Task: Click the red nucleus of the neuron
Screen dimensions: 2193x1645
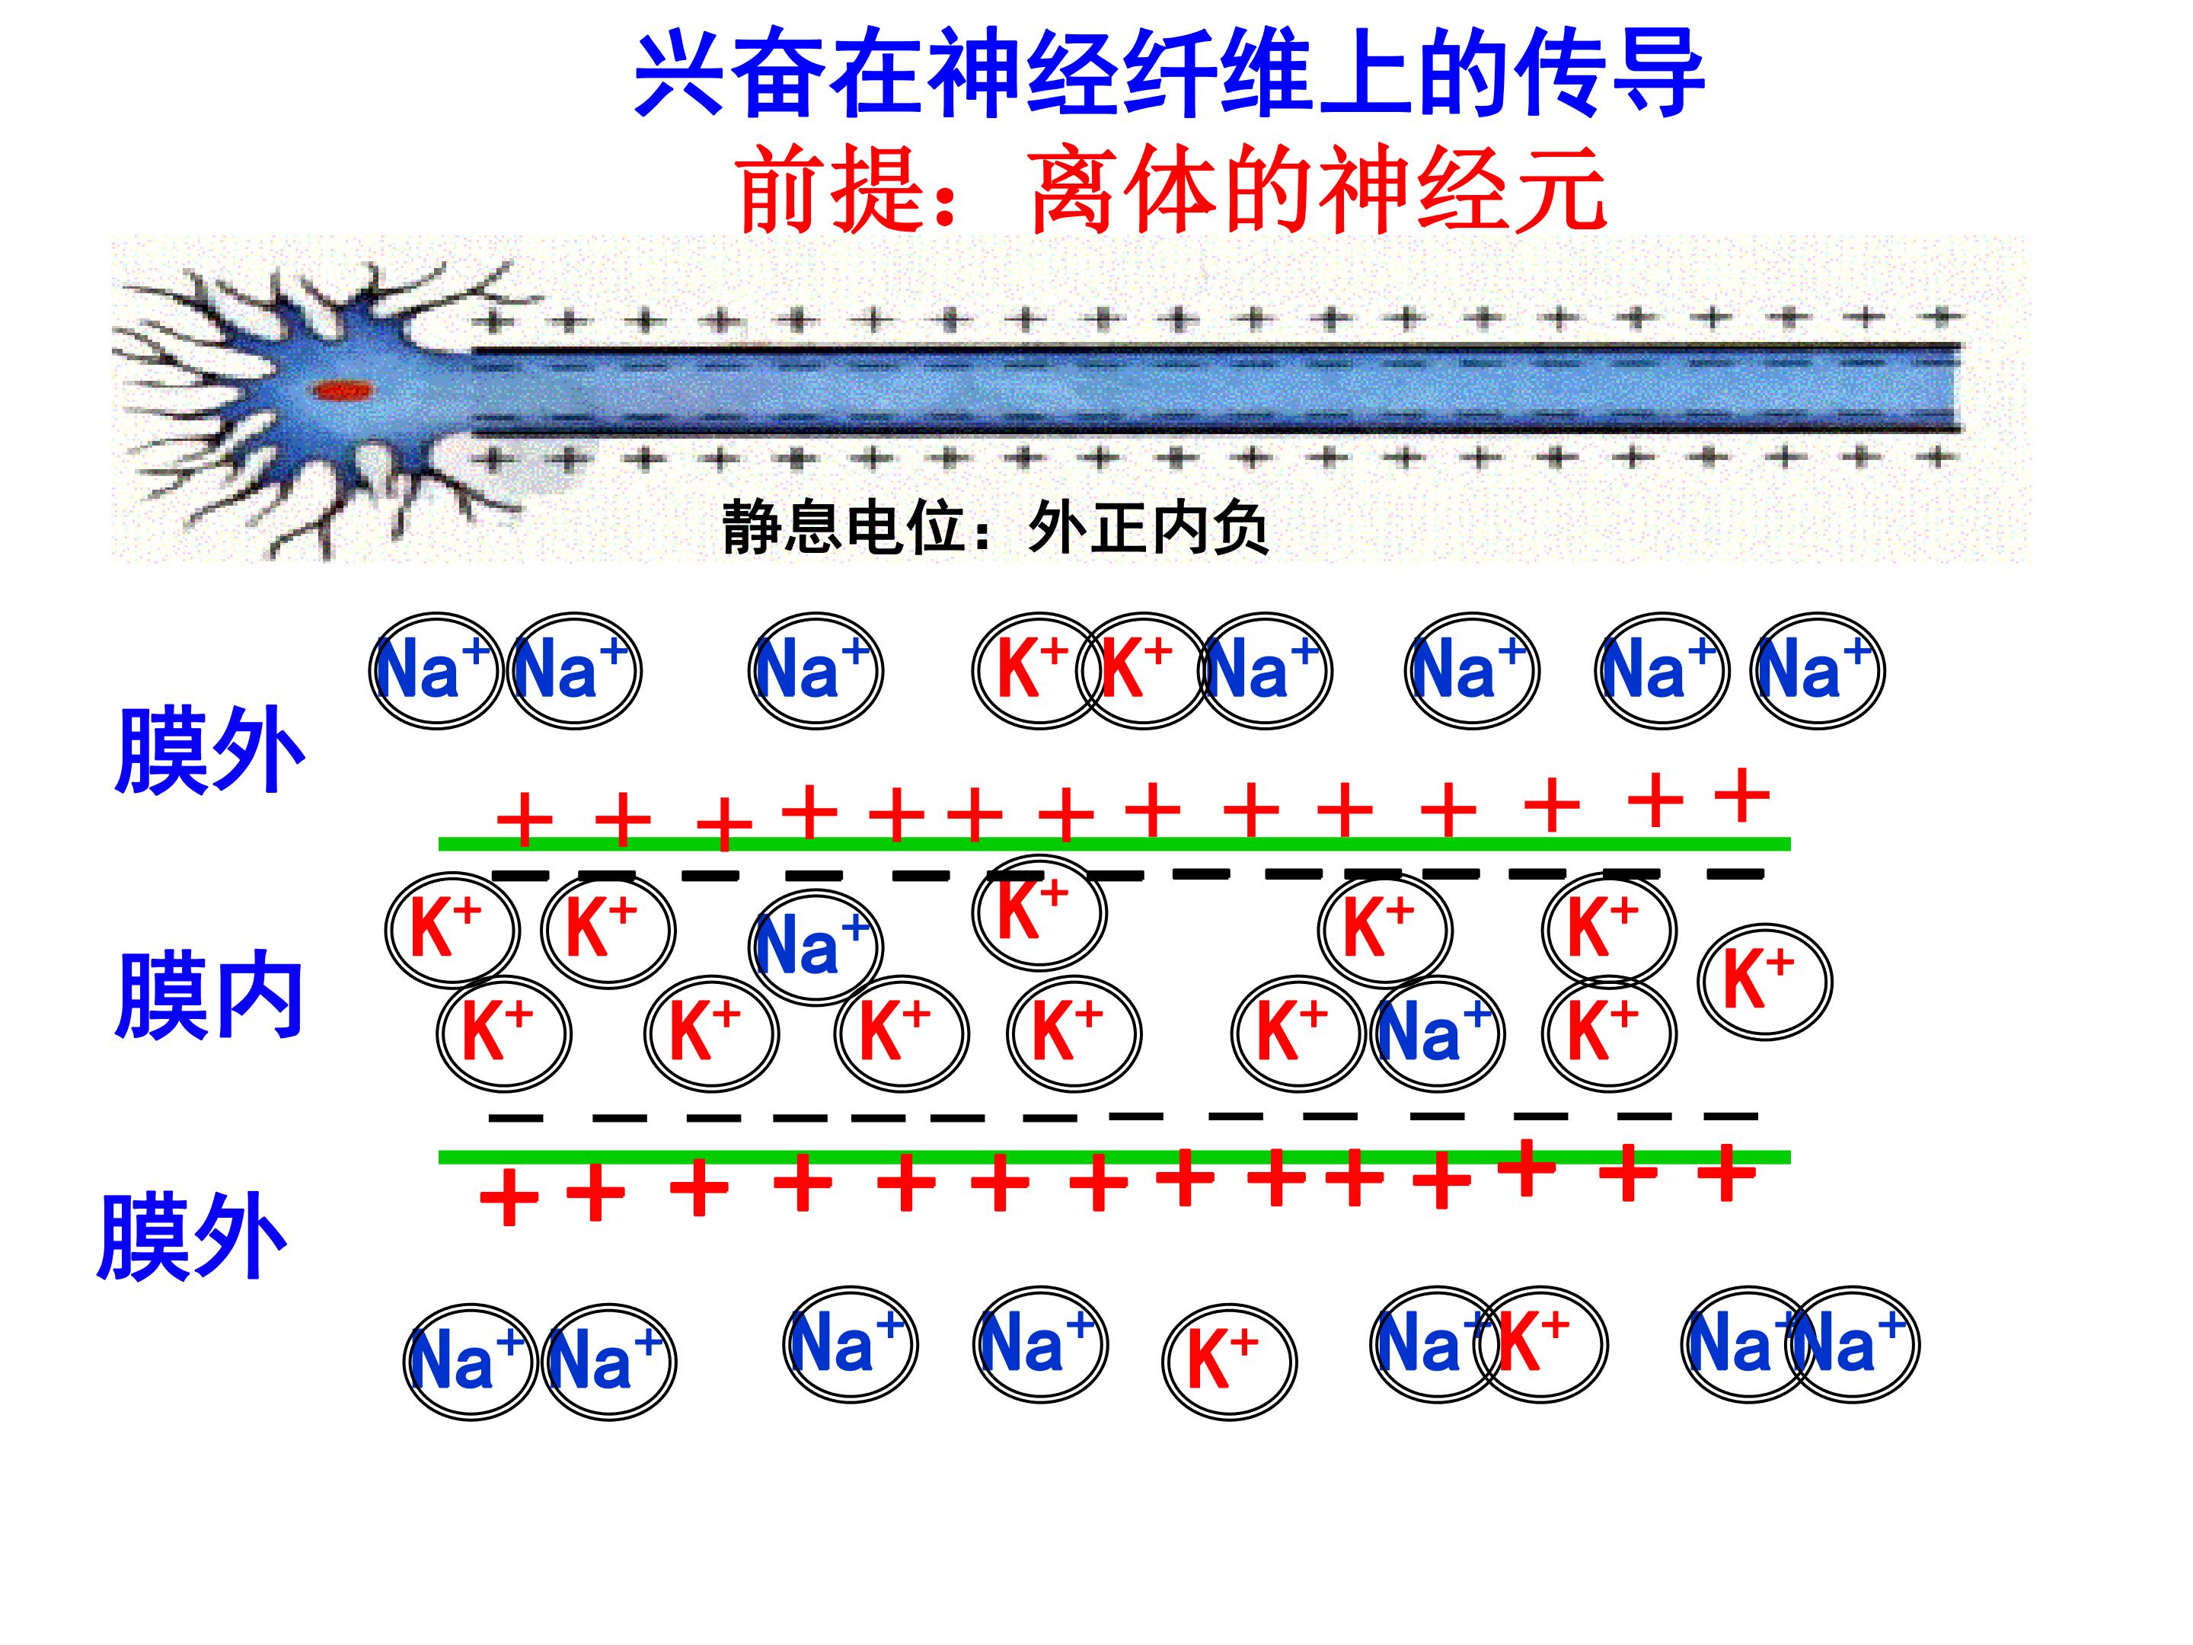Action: point(343,391)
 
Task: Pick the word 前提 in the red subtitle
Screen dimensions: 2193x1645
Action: point(833,188)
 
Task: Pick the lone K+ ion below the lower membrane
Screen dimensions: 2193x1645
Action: point(1229,1362)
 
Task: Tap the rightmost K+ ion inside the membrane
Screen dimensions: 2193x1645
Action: point(1766,982)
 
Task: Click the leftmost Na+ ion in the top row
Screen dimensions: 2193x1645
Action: point(436,670)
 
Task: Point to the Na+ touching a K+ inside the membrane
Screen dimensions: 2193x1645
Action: point(1438,1033)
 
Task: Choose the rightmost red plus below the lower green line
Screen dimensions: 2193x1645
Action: point(1727,1173)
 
